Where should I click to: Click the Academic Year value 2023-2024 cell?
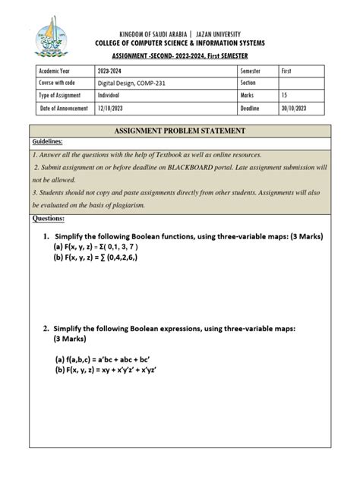pyautogui.click(x=115, y=71)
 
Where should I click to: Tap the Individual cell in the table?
pyautogui.click(x=113, y=96)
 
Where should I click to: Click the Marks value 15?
pyautogui.click(x=285, y=96)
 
